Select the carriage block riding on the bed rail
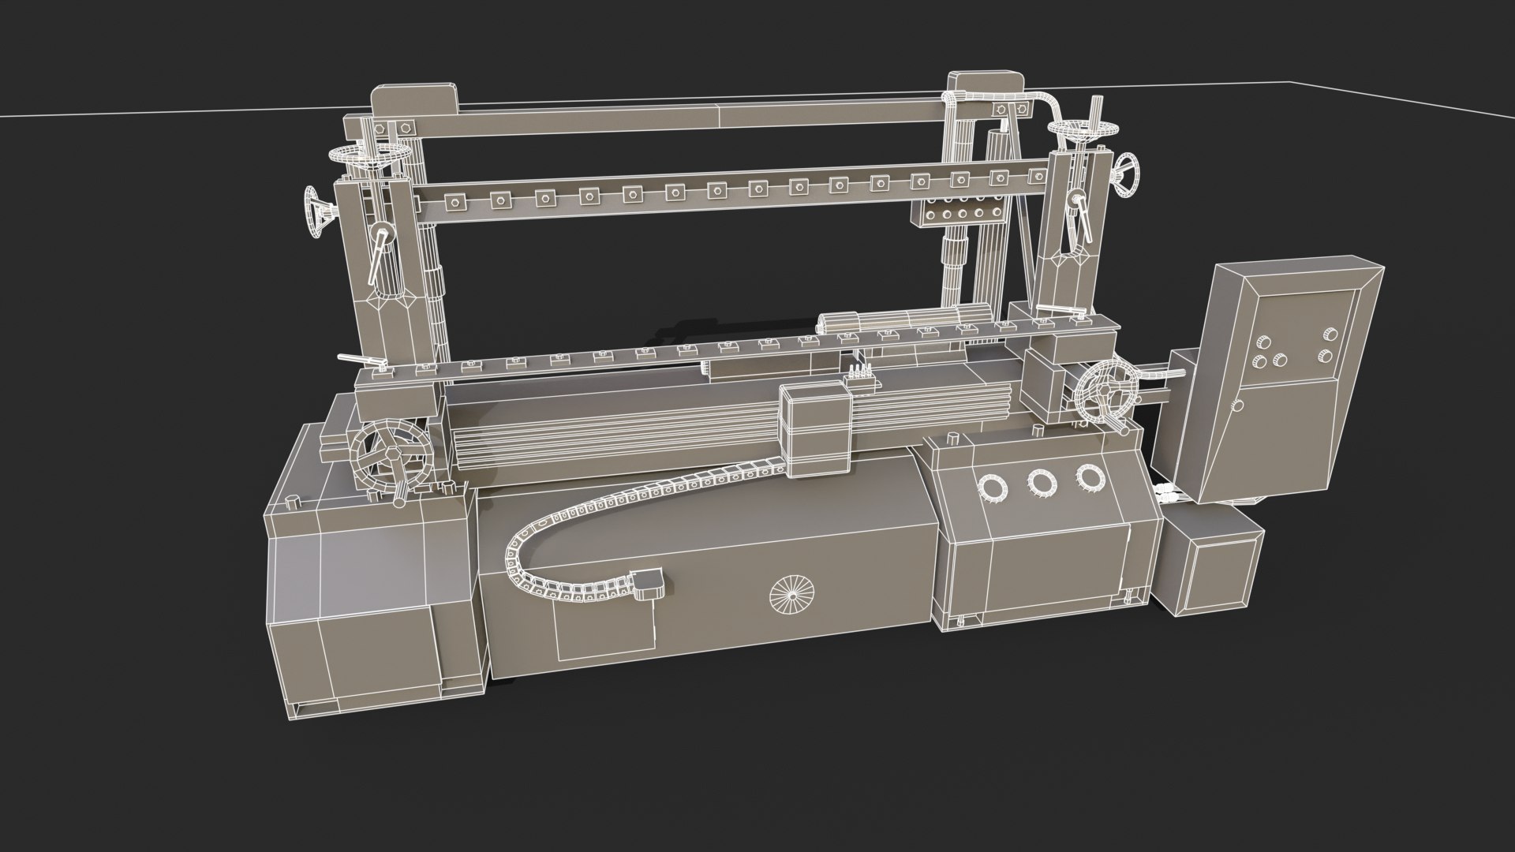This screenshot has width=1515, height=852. coord(816,431)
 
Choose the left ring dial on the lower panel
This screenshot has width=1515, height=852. coord(992,489)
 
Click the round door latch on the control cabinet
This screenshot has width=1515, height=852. coord(1237,406)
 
